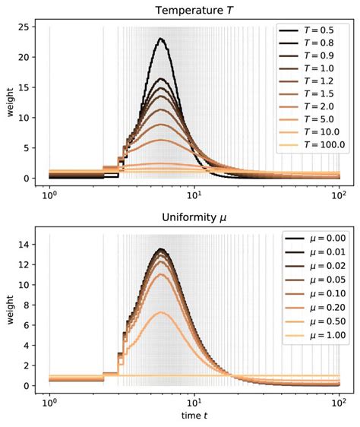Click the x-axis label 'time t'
coord(194,417)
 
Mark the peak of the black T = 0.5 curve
coord(160,39)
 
